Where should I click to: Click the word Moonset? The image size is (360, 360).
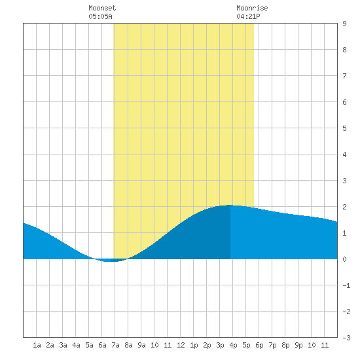pyautogui.click(x=102, y=8)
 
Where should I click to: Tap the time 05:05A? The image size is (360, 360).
pyautogui.click(x=100, y=16)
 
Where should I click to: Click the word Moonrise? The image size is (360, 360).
pyautogui.click(x=252, y=8)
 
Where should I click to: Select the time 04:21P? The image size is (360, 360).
pyautogui.click(x=248, y=16)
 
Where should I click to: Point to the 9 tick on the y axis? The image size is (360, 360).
pyautogui.click(x=344, y=24)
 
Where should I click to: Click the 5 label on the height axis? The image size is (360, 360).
pyautogui.click(x=344, y=128)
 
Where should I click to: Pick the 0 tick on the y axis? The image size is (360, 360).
pyautogui.click(x=344, y=259)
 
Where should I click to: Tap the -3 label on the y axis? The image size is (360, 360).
pyautogui.click(x=346, y=338)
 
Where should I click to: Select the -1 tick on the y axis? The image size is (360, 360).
pyautogui.click(x=346, y=285)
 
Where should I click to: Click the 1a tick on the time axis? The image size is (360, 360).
pyautogui.click(x=37, y=345)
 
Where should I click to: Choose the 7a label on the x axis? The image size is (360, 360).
pyautogui.click(x=115, y=345)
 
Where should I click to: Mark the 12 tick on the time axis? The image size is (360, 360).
pyautogui.click(x=181, y=345)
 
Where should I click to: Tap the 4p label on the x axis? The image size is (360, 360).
pyautogui.click(x=233, y=345)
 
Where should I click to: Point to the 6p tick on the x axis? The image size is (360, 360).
pyautogui.click(x=259, y=345)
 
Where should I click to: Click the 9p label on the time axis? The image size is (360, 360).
pyautogui.click(x=298, y=345)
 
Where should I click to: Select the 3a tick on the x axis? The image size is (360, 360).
pyautogui.click(x=63, y=345)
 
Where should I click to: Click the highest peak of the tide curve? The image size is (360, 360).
pyautogui.click(x=230, y=205)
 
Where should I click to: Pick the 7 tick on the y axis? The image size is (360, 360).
pyautogui.click(x=344, y=76)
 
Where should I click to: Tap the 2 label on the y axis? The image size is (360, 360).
pyautogui.click(x=344, y=207)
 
